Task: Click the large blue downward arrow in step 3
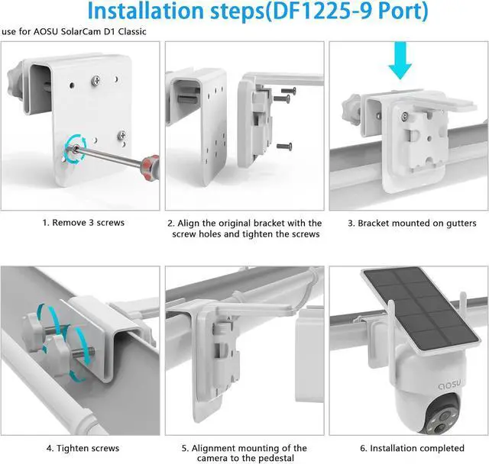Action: pyautogui.click(x=400, y=60)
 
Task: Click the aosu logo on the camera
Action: pyautogui.click(x=449, y=385)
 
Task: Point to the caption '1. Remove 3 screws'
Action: pyautogui.click(x=83, y=223)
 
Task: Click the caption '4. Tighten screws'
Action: pyautogui.click(x=83, y=448)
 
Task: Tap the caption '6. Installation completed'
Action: pyautogui.click(x=412, y=448)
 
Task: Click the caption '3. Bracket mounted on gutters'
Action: pyautogui.click(x=412, y=224)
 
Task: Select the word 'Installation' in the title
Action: pyautogui.click(x=146, y=11)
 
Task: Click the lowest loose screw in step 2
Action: pyautogui.click(x=284, y=146)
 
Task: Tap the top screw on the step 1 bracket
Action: pyautogui.click(x=96, y=81)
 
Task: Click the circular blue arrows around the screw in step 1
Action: pyautogui.click(x=76, y=149)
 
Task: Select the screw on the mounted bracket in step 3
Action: pyautogui.click(x=405, y=117)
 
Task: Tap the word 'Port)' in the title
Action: pyautogui.click(x=403, y=11)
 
